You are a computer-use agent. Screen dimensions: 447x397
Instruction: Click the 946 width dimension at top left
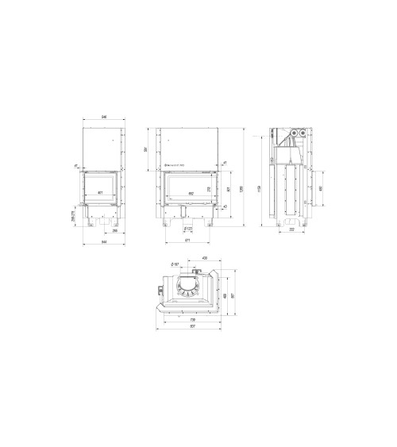click(x=103, y=118)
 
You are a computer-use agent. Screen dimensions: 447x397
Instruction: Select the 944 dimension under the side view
click(x=103, y=241)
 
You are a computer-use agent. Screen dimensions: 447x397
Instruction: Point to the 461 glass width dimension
click(x=100, y=193)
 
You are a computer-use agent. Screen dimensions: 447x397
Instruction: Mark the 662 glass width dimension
click(x=191, y=193)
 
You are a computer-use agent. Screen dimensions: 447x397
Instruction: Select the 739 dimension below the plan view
click(x=191, y=320)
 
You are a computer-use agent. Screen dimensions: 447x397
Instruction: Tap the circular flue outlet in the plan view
click(x=188, y=287)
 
